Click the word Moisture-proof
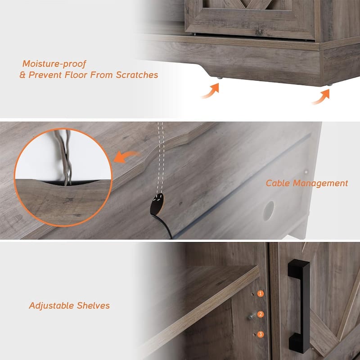coord(54,64)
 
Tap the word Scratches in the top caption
coord(137,75)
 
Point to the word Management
coord(320,184)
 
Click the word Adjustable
coord(51,306)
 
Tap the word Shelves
coord(93,306)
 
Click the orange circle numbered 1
coord(260,294)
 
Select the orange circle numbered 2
coord(260,314)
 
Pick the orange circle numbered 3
coord(260,334)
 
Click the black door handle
coord(298,306)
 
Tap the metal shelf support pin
coord(252,316)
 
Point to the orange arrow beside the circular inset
coord(126,156)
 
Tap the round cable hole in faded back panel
coord(269,211)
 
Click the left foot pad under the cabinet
coord(220,78)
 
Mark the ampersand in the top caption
coord(22,75)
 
